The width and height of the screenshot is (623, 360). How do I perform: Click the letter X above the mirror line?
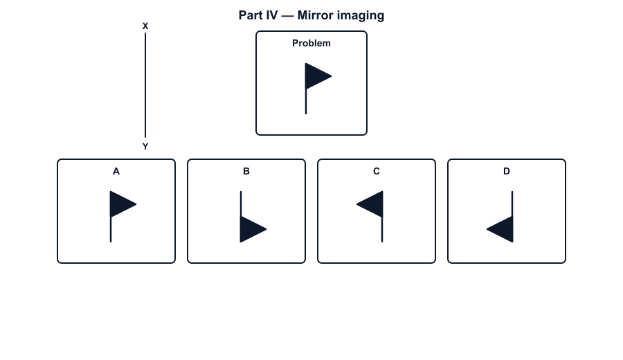point(145,26)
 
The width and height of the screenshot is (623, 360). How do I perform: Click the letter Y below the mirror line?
point(145,147)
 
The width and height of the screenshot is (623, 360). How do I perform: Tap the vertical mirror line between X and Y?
point(145,85)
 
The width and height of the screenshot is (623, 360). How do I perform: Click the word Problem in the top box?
point(311,44)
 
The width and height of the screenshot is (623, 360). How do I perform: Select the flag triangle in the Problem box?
point(316,76)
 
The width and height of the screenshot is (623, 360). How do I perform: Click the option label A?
point(116,171)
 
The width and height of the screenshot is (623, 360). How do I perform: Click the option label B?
point(246,171)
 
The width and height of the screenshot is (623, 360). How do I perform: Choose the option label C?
point(377,171)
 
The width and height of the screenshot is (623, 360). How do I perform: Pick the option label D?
point(507,171)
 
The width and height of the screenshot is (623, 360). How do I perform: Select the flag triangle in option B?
point(251,229)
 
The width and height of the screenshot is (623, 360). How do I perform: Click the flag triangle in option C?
point(372,204)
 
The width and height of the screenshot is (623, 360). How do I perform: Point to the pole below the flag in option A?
point(111,230)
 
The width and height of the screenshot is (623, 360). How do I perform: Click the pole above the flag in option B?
point(241,204)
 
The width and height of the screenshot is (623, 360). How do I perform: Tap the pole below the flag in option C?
point(382,230)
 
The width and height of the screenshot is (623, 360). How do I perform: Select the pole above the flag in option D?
point(512,204)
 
